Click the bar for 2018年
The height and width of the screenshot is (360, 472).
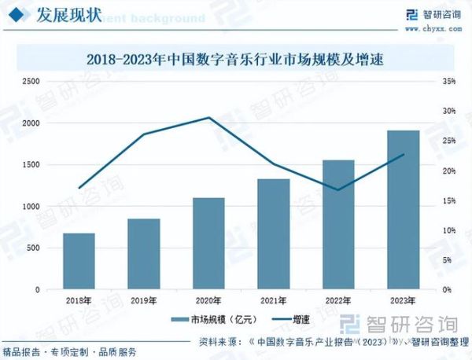[79, 261]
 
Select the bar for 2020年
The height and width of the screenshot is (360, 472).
[209, 243]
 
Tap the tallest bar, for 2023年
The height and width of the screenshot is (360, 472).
[404, 210]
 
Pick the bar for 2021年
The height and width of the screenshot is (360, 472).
[274, 234]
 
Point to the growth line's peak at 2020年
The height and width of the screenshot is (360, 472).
[209, 118]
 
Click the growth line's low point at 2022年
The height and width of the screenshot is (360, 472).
[338, 190]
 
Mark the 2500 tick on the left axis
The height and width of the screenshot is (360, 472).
[31, 81]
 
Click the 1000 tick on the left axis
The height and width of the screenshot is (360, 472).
[31, 206]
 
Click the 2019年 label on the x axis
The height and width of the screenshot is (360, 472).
[144, 300]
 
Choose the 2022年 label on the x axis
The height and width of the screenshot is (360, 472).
[338, 300]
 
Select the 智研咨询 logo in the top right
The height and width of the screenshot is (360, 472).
[431, 13]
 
